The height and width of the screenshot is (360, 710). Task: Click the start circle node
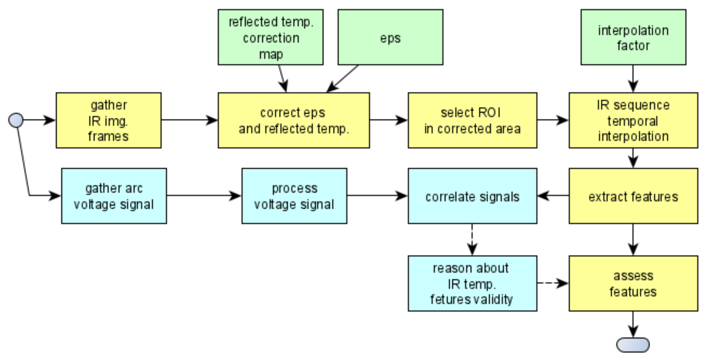pos(16,120)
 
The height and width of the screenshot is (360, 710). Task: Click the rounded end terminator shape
pos(633,345)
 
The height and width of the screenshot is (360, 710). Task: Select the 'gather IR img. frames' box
pos(108,120)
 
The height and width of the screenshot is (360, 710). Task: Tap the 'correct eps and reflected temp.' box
pos(293,120)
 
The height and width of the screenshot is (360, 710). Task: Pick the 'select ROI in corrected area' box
pos(472,120)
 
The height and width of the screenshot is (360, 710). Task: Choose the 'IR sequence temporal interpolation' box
pos(633,120)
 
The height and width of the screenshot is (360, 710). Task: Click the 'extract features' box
pos(633,196)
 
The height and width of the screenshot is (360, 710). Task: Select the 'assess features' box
pos(633,283)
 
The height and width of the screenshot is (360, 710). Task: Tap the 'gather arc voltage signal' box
pos(114,196)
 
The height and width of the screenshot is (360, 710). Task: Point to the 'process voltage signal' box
pos(294,196)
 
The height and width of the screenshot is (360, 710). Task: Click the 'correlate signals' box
pos(472,196)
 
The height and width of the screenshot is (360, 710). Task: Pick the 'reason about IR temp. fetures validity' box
pos(472,283)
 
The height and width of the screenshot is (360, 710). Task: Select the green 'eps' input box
pos(390,37)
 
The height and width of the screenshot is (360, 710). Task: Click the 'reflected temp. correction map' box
pos(270,37)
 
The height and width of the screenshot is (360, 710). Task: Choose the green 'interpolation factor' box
pos(633,37)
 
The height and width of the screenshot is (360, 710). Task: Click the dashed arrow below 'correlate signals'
pos(472,240)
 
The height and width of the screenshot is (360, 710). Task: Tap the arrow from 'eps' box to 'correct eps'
pos(343,79)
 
